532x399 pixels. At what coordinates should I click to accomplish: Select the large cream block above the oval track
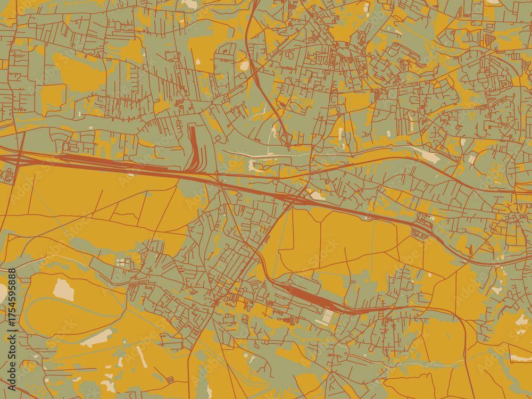tap(63, 289)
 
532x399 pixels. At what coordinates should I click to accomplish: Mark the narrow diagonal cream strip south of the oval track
tap(142, 356)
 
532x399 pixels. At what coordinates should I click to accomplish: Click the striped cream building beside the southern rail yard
tap(325, 318)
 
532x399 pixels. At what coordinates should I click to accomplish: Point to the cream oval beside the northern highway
tap(244, 66)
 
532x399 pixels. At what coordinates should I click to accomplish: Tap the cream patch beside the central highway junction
tap(317, 195)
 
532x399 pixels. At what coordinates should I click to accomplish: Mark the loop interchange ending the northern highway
tap(286, 139)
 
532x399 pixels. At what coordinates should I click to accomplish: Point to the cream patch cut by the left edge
tap(3, 292)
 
